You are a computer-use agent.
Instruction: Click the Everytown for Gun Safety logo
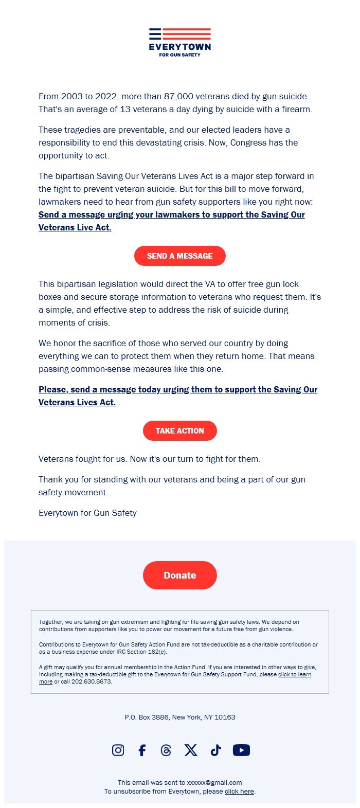pos(180,42)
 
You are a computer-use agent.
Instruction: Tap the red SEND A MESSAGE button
pos(180,256)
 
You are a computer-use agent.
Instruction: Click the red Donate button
pos(180,576)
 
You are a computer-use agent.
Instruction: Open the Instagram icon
pos(118,750)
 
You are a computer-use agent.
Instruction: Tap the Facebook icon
pos(142,750)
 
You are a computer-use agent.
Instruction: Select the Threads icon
pos(166,750)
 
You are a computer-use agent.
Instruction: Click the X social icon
pos(191,750)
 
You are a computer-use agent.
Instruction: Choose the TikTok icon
pos(215,750)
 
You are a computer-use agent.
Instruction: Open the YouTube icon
pos(241,750)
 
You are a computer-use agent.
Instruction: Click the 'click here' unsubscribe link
pos(239,792)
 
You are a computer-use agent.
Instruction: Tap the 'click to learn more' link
pos(294,674)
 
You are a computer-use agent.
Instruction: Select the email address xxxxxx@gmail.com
pos(214,783)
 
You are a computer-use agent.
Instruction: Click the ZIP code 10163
pos(225,717)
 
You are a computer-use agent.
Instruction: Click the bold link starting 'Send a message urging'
pos(171,215)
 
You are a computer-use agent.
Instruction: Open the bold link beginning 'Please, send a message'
pos(177,390)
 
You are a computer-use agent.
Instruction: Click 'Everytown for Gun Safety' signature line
pos(87,513)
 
